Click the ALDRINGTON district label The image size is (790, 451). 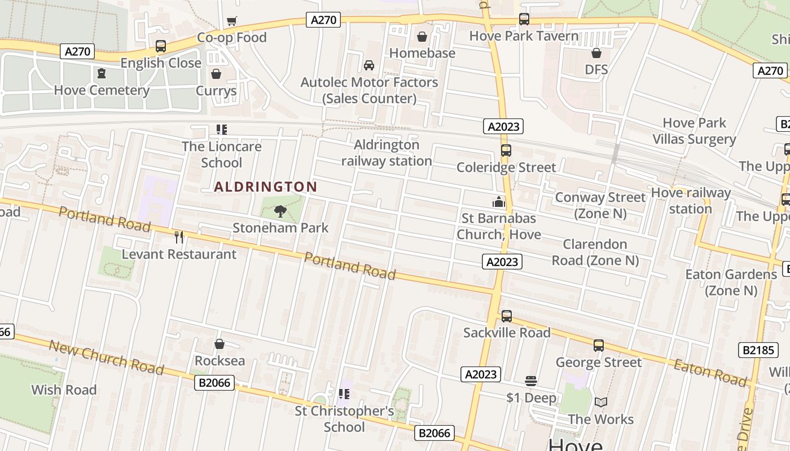tap(265, 187)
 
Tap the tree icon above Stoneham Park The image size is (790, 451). tap(280, 211)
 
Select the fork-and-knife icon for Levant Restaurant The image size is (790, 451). tap(179, 237)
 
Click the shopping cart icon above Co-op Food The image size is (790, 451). tap(231, 21)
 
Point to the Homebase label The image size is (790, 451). tap(422, 53)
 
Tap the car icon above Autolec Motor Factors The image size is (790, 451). tap(369, 65)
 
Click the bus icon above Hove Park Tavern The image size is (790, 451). tap(524, 19)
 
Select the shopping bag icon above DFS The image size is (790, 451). tap(596, 53)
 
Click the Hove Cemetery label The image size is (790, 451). tap(102, 90)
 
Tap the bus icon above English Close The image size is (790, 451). tap(161, 46)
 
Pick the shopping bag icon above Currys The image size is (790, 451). tap(216, 74)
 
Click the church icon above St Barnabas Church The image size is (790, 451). tap(499, 201)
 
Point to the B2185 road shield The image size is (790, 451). tap(758, 350)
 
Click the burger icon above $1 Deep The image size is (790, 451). tap(530, 381)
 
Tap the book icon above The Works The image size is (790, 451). tap(601, 402)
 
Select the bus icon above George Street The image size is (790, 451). tap(599, 345)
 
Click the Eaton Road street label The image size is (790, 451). tap(709, 372)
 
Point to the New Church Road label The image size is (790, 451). tap(106, 357)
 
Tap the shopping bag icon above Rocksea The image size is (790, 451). tap(220, 344)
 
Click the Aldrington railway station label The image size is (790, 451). tap(387, 153)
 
